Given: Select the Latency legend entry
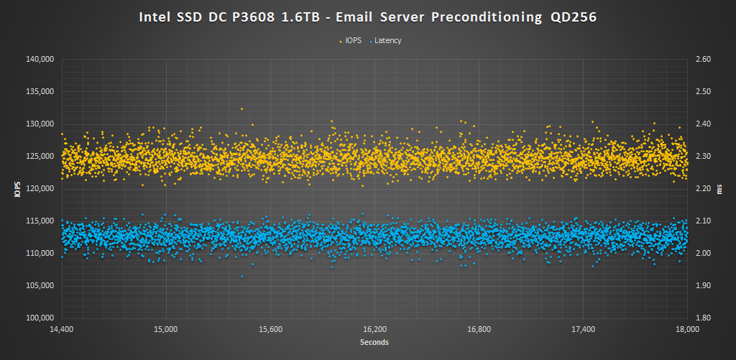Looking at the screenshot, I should point(387,40).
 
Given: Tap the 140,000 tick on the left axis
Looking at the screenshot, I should point(40,59).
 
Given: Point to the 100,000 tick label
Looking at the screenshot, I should point(40,318).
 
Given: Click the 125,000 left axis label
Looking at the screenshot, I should point(40,156).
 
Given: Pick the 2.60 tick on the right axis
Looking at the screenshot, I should point(699,59).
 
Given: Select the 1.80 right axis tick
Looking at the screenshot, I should point(699,318).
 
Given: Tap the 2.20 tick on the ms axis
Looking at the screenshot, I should point(699,188).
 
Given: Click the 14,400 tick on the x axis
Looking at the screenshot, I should point(62,330).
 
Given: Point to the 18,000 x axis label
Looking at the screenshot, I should point(688,330).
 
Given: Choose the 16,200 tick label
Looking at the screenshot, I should point(374,330).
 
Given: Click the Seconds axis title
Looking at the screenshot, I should point(374,343).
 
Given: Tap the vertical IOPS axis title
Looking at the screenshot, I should point(16,188).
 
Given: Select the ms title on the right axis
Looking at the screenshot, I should point(721,188).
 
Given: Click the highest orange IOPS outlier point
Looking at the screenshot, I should point(241,109).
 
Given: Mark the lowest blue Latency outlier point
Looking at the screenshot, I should point(241,276).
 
